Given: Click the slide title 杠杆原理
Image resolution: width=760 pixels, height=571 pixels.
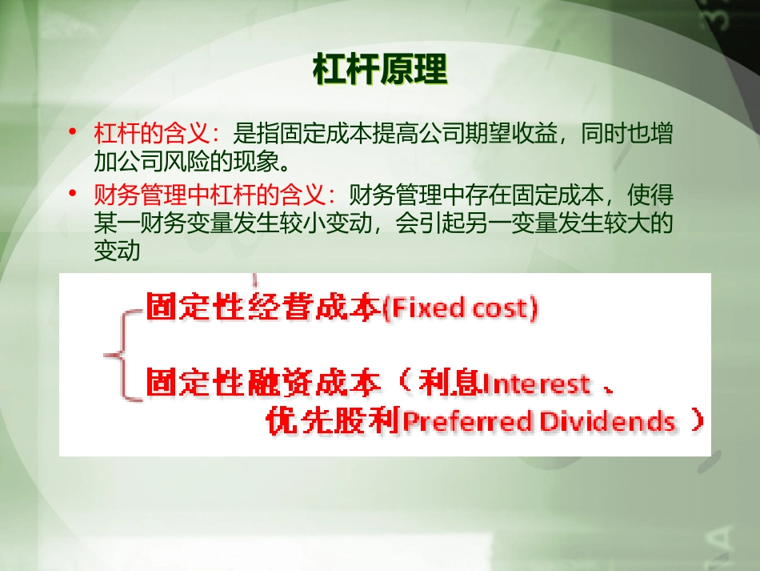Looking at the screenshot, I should (380, 70).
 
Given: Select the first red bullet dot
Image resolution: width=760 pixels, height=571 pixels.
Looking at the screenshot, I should (74, 131).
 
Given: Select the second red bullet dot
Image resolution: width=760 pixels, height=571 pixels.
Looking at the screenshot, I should (74, 194).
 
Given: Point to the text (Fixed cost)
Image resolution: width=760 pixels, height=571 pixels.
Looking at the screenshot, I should (460, 308).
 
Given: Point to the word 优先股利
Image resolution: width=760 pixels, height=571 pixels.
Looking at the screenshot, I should (333, 421).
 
